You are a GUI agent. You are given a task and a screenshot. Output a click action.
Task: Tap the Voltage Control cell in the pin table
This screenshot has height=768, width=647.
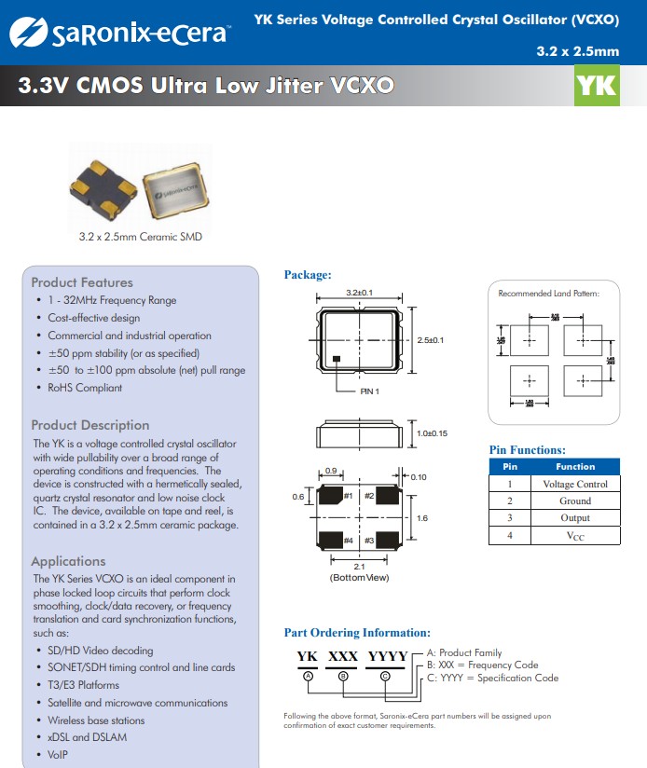pos(574,484)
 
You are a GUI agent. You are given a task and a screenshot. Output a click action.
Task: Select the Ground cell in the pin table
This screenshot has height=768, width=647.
pos(574,501)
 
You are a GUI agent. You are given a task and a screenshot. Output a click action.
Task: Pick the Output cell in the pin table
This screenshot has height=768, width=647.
pos(574,518)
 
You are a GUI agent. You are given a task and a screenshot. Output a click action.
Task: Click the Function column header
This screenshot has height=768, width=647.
pos(574,466)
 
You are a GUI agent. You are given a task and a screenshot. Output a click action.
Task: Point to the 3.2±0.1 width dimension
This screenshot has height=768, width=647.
pos(359,293)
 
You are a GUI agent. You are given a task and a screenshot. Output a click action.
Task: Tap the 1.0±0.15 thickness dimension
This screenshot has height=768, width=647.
pos(432,433)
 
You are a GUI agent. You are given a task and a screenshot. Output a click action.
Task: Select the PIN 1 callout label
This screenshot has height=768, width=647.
pos(370,391)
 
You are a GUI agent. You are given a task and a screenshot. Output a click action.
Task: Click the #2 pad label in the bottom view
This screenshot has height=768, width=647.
pos(369,496)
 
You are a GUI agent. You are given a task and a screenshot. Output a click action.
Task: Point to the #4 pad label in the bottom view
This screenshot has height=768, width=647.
pos(348,541)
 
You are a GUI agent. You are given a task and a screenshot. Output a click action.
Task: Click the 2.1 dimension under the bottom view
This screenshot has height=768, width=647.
pos(359,567)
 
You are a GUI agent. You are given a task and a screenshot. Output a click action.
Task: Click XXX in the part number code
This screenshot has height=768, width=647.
pos(342,656)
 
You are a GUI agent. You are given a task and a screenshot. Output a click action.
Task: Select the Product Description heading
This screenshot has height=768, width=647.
pos(89,425)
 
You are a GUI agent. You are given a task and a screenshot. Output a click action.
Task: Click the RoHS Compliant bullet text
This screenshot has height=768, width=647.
pos(85,388)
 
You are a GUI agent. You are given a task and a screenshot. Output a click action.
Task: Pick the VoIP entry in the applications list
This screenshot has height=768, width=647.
pos(59,754)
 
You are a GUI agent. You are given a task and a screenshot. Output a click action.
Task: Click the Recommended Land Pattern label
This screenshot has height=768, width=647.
pos(548,294)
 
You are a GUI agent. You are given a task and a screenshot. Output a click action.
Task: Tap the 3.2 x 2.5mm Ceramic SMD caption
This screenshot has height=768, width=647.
pos(140,237)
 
